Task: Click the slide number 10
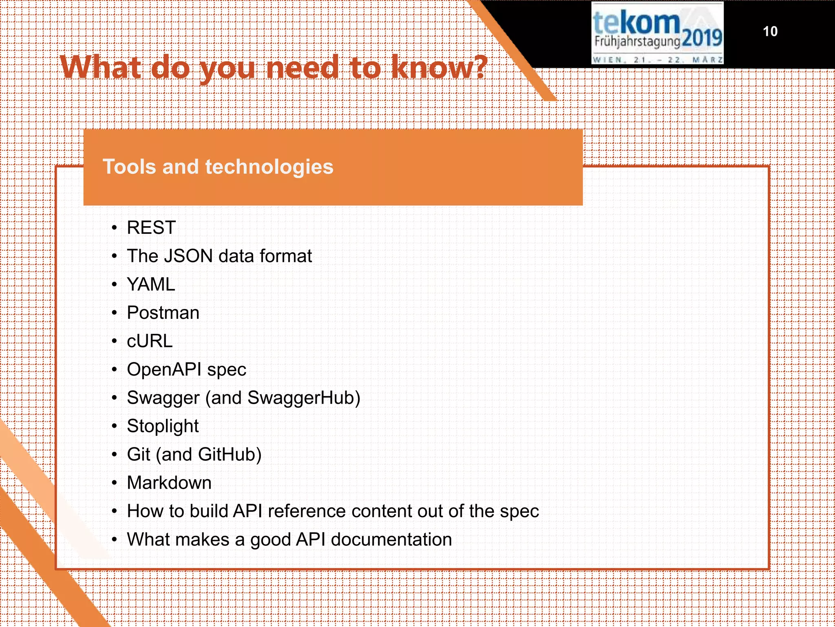tap(770, 31)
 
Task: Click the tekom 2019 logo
tap(657, 33)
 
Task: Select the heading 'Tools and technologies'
tap(218, 167)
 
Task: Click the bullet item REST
tap(151, 228)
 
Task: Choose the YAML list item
tap(151, 285)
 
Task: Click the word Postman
tap(163, 313)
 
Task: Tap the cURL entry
tap(150, 341)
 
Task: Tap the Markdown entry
tap(169, 483)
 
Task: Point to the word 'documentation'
tap(391, 540)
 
